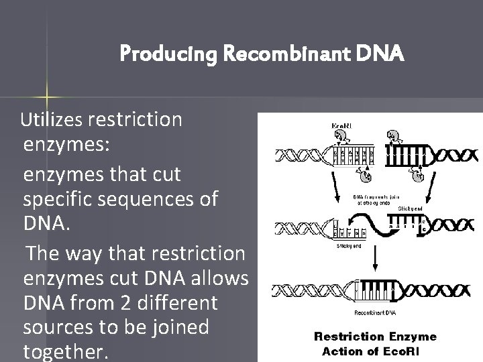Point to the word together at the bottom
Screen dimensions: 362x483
[64, 352]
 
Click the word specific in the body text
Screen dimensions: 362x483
[61, 199]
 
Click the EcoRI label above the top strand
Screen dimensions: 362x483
[344, 125]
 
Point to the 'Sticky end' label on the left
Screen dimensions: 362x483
[348, 245]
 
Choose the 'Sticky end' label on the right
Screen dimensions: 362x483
[411, 209]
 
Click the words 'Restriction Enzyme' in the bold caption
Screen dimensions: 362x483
[376, 337]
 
